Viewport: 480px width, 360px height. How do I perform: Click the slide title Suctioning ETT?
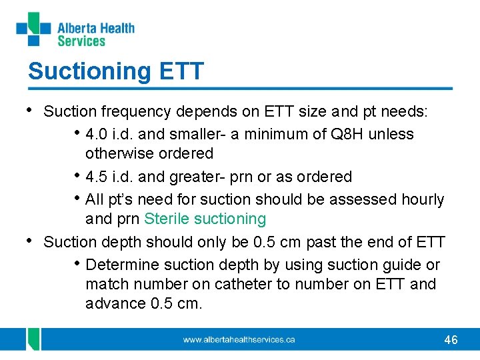[x=115, y=71]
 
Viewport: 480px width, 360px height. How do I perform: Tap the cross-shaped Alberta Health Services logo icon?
[x=33, y=29]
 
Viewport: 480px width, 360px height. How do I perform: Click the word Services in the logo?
[x=81, y=41]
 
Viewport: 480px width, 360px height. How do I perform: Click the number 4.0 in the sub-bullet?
[x=97, y=134]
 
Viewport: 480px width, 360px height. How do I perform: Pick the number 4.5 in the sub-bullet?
[x=97, y=177]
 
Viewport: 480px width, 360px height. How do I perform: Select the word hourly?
[x=420, y=199]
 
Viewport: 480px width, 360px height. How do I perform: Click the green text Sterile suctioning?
[x=205, y=219]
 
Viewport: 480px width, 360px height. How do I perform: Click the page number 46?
[x=451, y=340]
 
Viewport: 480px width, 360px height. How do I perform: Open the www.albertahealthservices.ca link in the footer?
[x=239, y=340]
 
